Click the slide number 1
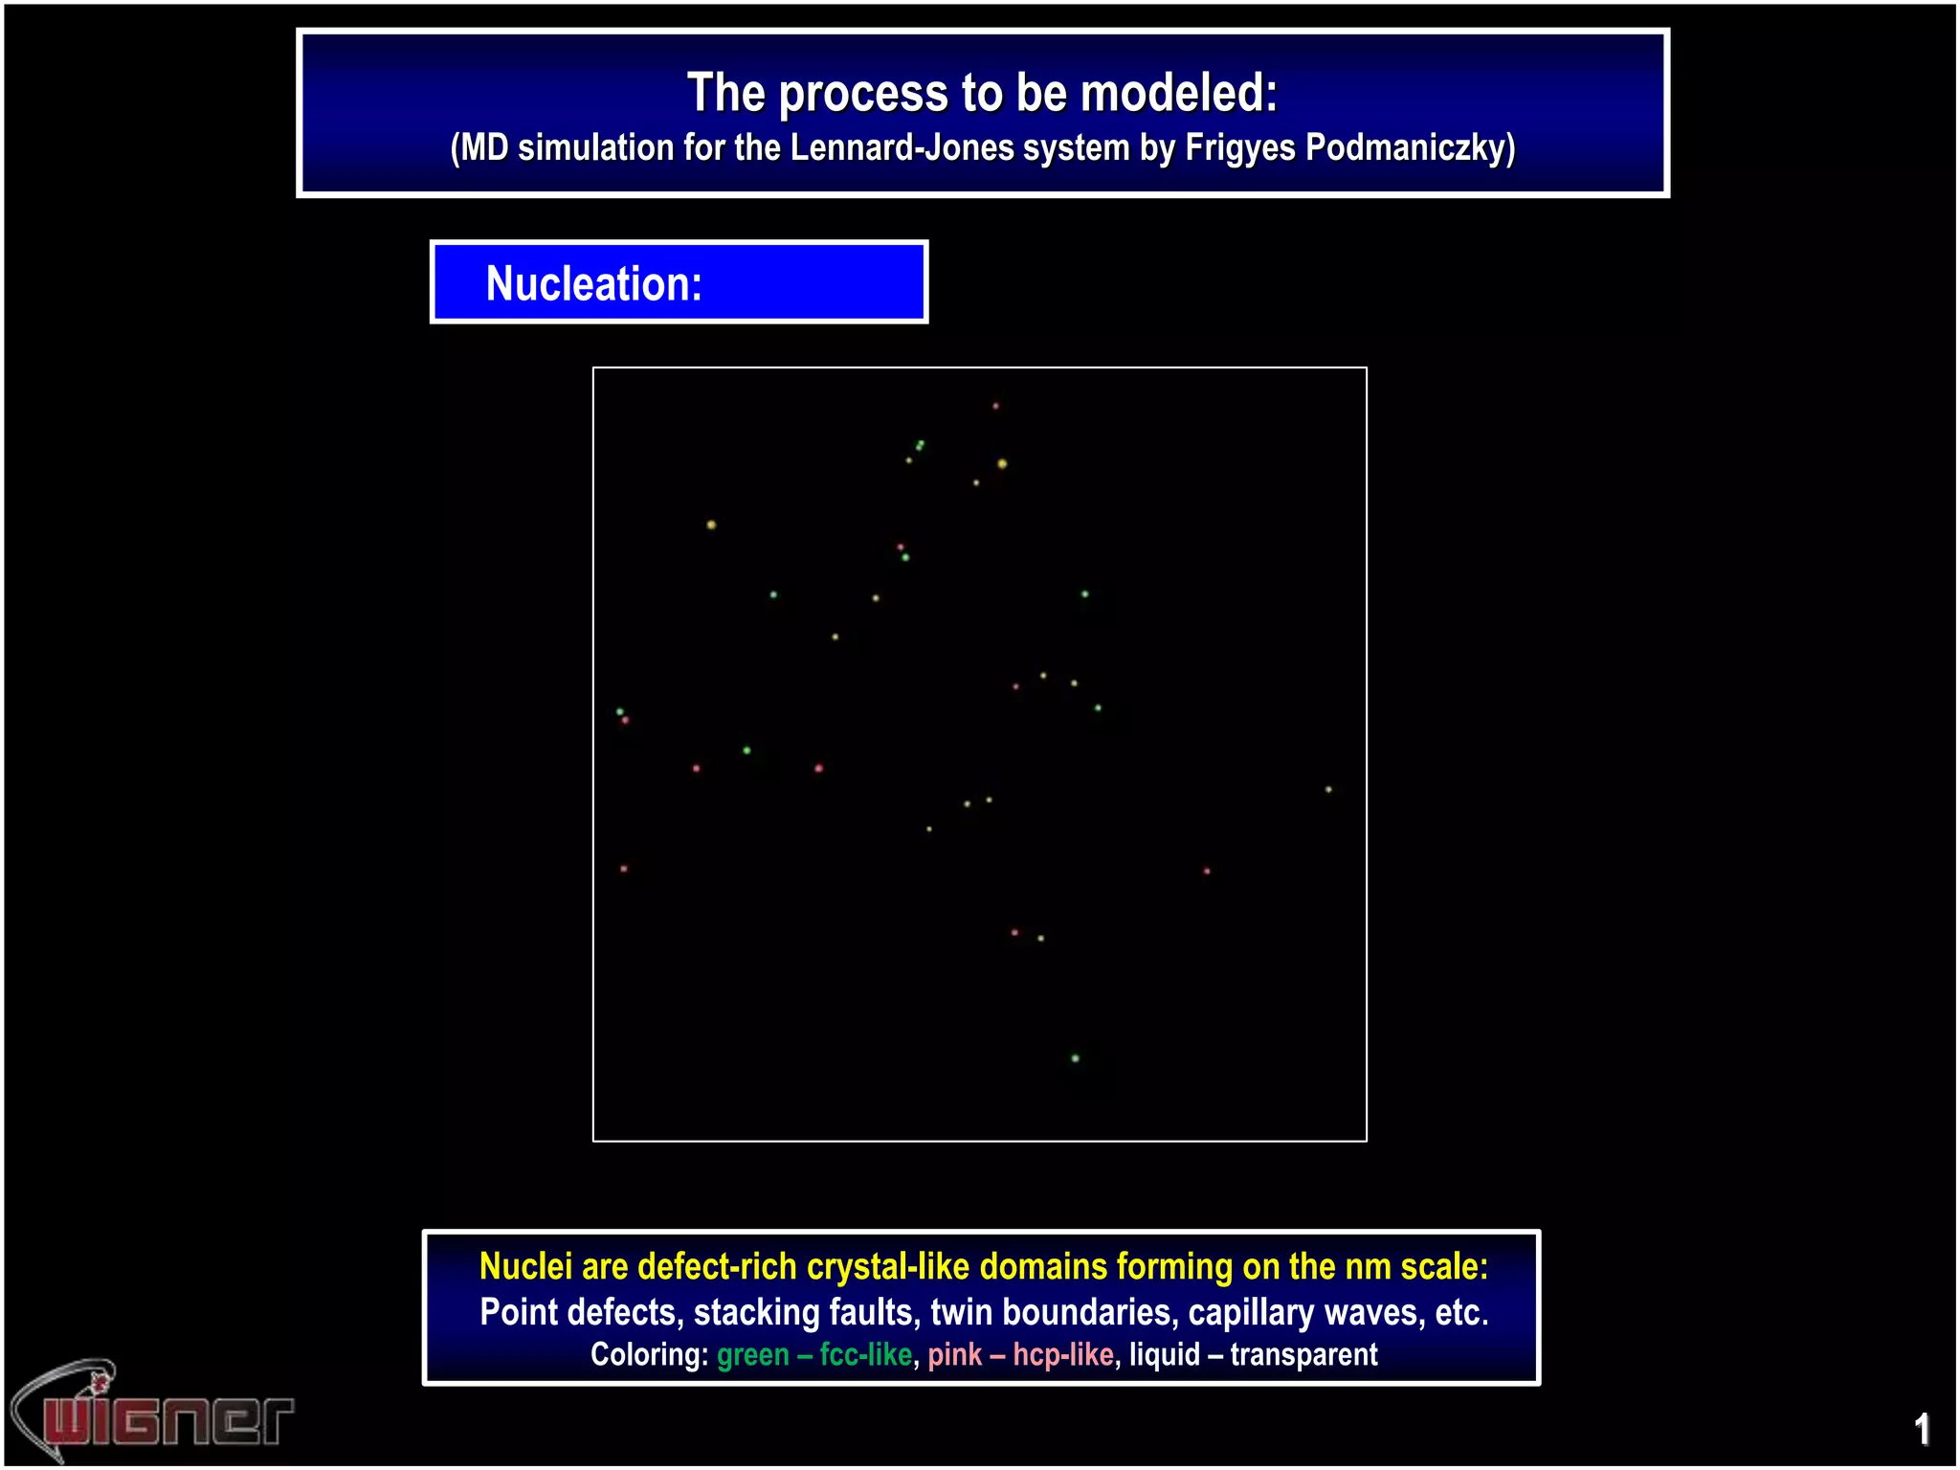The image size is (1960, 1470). (1922, 1430)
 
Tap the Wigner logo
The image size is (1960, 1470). (153, 1412)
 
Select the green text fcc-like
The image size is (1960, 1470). (866, 1355)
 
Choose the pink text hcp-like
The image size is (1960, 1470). (1063, 1355)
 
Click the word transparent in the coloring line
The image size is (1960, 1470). (1303, 1355)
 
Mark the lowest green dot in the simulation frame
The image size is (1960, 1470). (1076, 1058)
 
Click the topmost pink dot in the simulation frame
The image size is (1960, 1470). (995, 406)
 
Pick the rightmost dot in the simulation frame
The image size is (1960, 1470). (1328, 790)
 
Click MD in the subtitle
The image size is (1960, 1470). (485, 148)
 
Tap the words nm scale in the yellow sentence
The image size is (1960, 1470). (1416, 1266)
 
